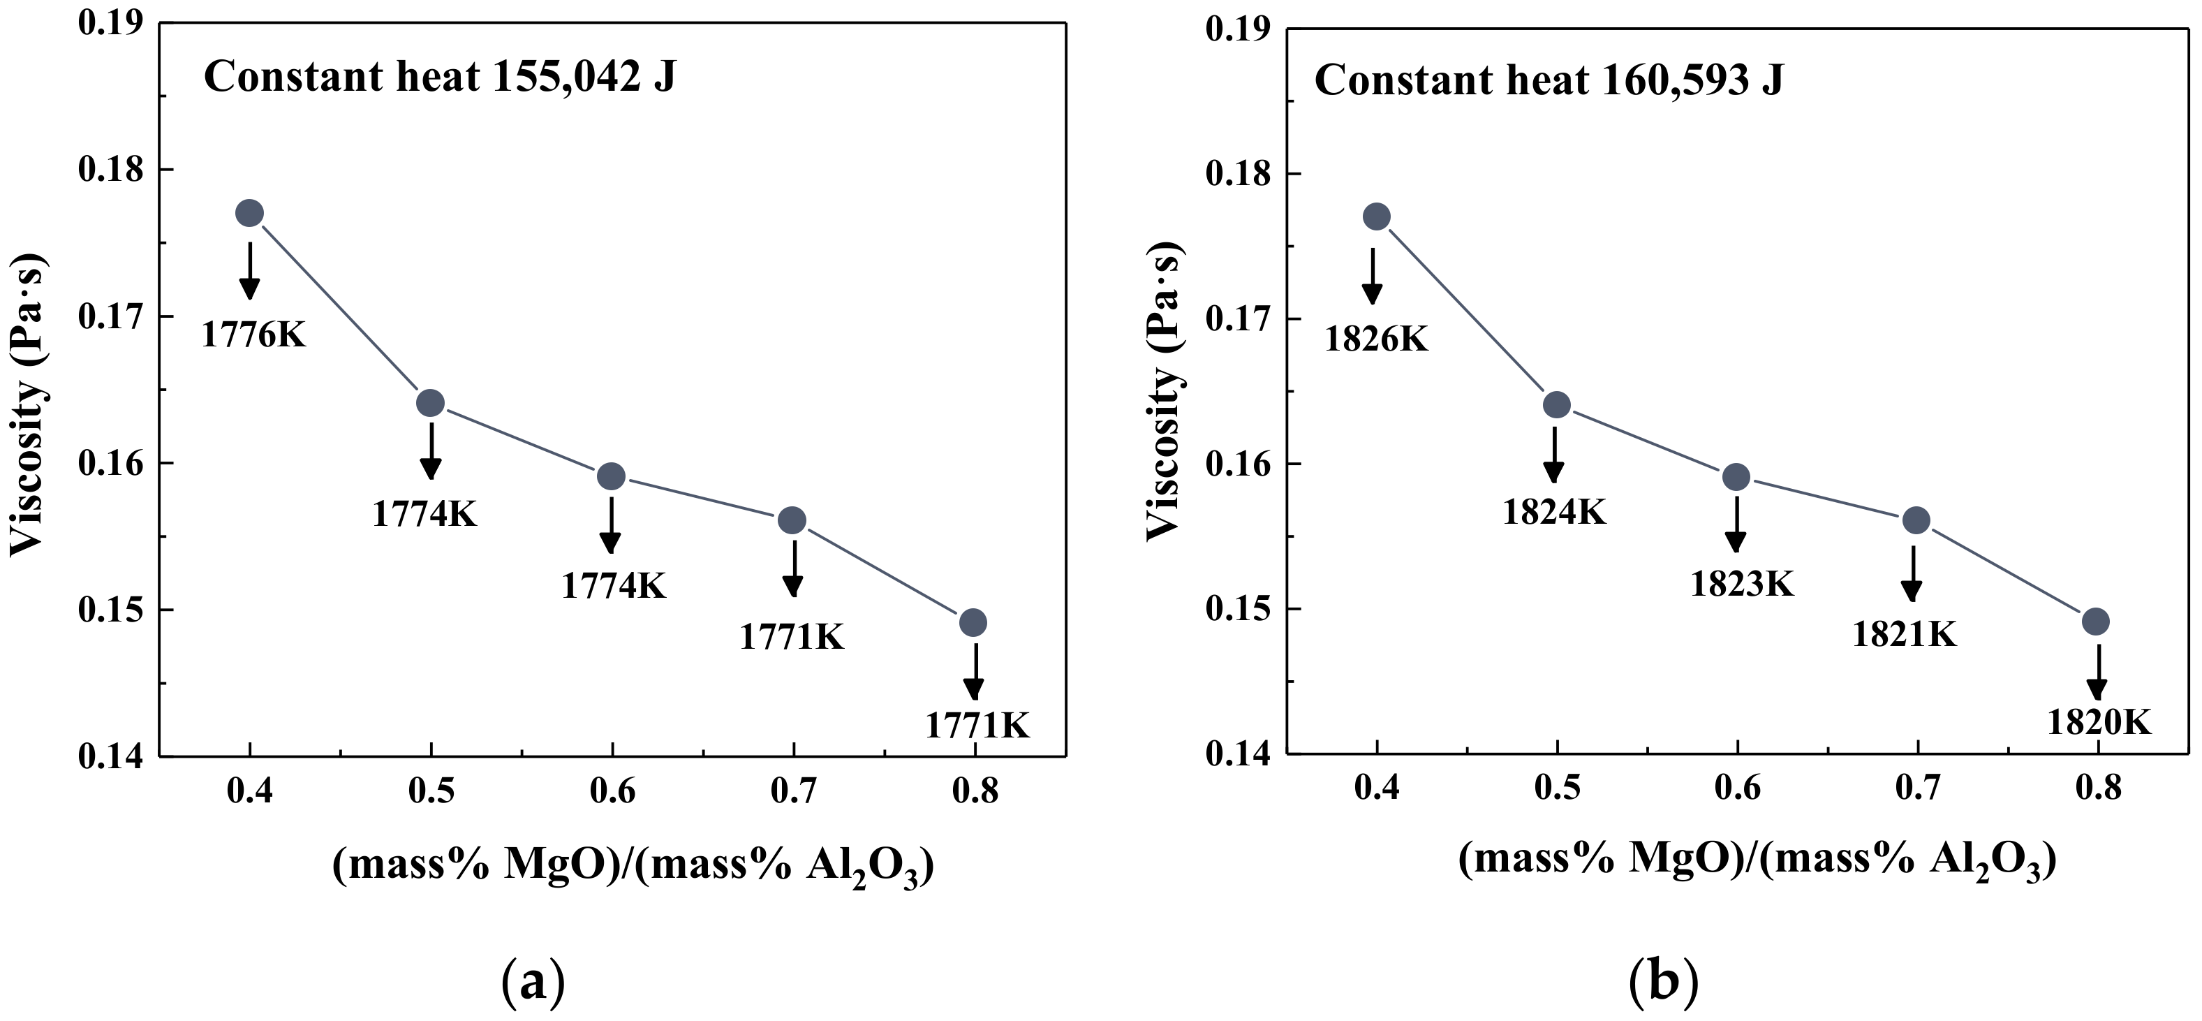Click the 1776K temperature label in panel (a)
point(253,335)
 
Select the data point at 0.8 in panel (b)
point(2095,622)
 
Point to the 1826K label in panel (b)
point(1376,339)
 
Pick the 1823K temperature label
point(1741,584)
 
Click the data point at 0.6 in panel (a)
point(611,476)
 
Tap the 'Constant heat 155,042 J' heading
point(439,78)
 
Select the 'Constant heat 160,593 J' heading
point(1549,81)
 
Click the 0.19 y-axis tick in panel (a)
point(111,22)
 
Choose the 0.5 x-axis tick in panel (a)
point(431,792)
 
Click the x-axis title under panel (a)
point(633,867)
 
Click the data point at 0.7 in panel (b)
point(1916,520)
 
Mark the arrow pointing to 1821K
point(1912,574)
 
